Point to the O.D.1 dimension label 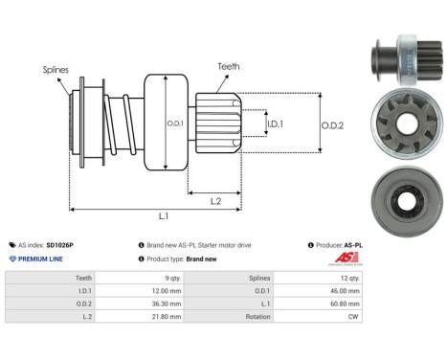176,122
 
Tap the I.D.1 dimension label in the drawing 275,124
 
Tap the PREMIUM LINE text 39,259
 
